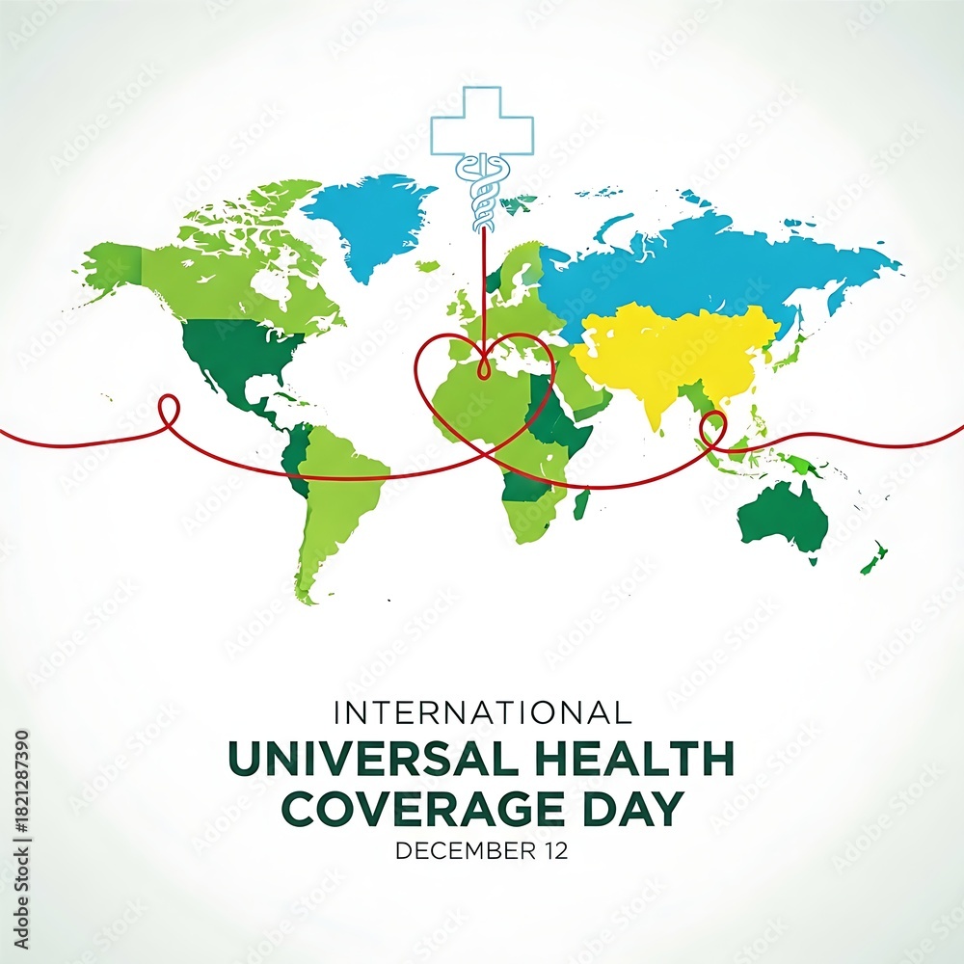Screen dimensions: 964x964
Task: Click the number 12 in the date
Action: click(x=554, y=850)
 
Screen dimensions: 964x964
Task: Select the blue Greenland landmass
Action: click(x=371, y=217)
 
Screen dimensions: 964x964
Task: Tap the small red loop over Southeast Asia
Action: click(x=713, y=429)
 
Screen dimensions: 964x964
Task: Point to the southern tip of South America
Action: click(x=308, y=598)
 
